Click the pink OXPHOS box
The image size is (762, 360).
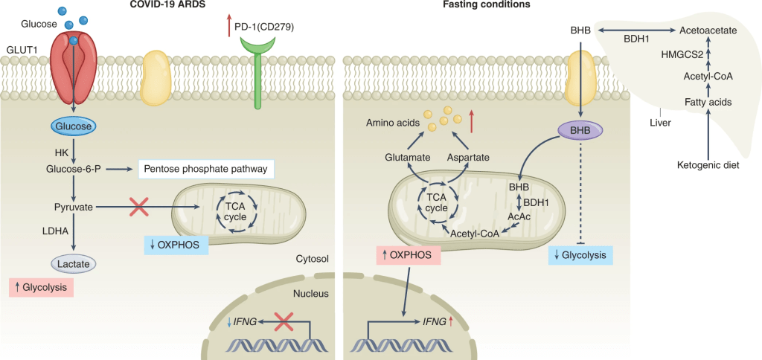(x=407, y=256)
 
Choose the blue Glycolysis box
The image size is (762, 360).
(x=580, y=256)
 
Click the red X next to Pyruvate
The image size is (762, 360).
(x=138, y=207)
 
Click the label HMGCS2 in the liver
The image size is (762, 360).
(x=682, y=54)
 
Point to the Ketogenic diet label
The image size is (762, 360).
(x=708, y=165)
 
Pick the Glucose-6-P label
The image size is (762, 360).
(x=74, y=170)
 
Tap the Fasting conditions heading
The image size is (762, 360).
(x=498, y=5)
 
